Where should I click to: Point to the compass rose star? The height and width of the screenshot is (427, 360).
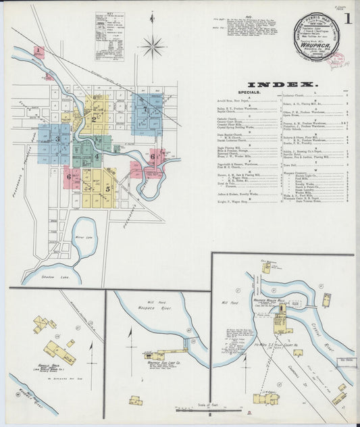[x=153, y=47]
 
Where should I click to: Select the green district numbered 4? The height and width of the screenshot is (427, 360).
[x=97, y=157]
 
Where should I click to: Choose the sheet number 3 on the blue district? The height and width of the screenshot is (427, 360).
[x=57, y=140]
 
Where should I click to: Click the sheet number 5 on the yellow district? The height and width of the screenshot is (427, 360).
[x=107, y=189]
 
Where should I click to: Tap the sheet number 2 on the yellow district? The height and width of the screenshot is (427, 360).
[x=93, y=120]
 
